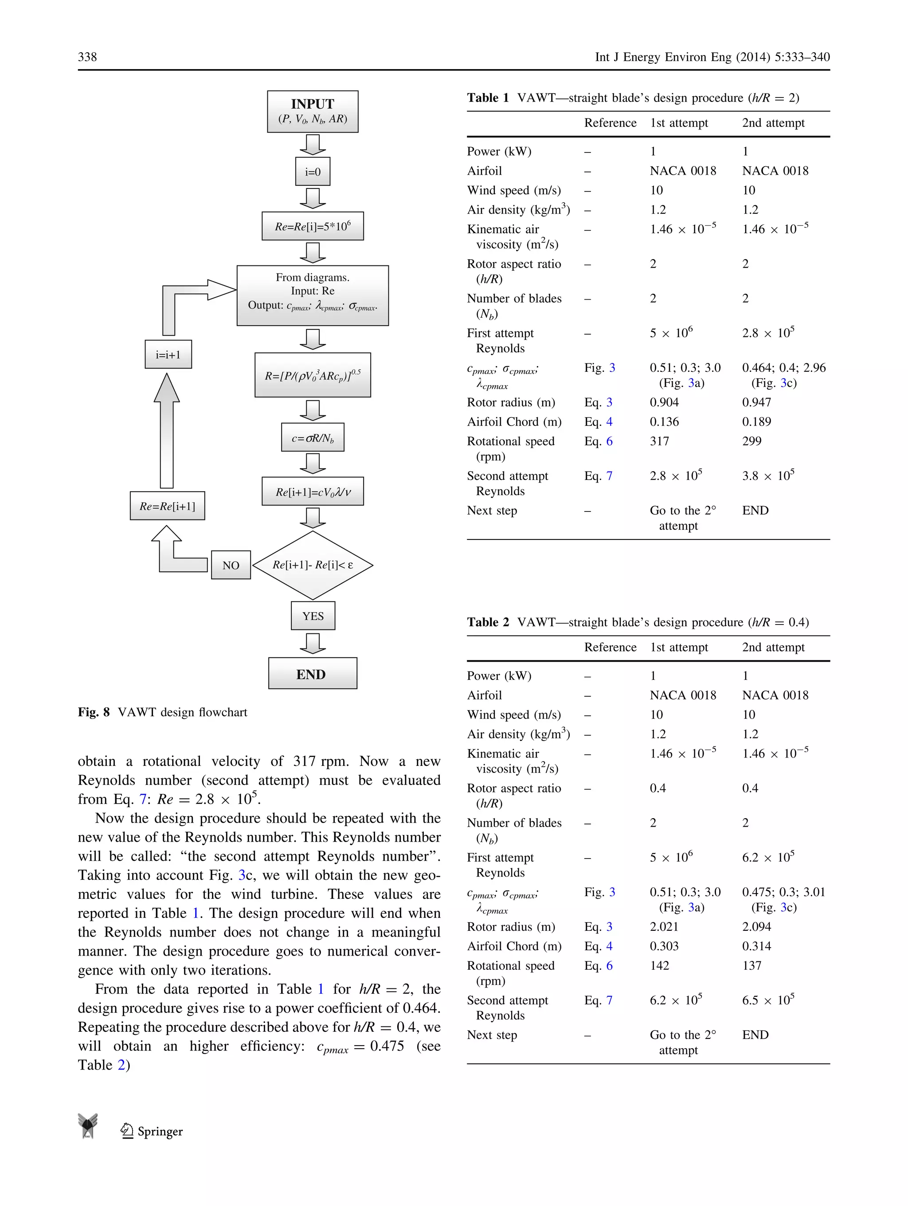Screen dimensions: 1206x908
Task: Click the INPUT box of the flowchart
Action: pos(313,111)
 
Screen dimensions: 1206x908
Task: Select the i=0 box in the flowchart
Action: pos(313,172)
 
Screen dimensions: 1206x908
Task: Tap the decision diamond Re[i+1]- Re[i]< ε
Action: pos(313,565)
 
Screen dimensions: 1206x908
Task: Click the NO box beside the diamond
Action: pos(231,566)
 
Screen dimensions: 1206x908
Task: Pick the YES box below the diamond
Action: pos(313,616)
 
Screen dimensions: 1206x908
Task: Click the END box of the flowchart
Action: pos(313,674)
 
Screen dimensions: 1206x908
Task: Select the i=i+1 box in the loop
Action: pos(168,355)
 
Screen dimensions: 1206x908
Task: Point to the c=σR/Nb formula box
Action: pos(313,438)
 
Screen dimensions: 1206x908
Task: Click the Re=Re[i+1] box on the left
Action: pos(168,506)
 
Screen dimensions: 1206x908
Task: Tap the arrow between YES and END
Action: pos(313,644)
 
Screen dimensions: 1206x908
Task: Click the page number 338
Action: pos(87,57)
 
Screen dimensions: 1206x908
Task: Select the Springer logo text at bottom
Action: pos(159,1131)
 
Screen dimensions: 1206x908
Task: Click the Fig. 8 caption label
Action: pos(94,712)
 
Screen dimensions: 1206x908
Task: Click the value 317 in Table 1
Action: pos(659,441)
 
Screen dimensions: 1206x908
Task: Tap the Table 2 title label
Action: pos(488,622)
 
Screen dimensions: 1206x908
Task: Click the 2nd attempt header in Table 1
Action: pos(773,123)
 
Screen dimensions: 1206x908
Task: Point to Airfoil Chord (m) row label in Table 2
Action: pos(514,946)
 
